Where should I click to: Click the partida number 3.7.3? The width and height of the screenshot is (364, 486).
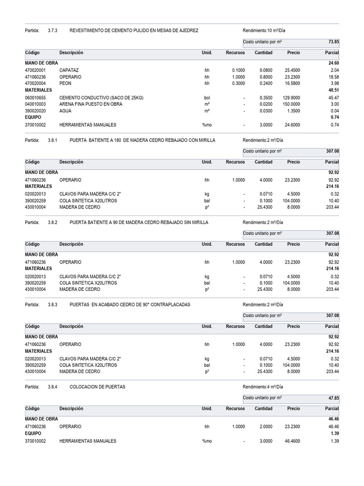point(52,30)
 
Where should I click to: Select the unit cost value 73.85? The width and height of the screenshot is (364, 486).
point(333,42)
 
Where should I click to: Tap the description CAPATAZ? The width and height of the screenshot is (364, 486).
point(69,70)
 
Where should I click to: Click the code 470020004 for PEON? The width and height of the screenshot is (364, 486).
point(35,84)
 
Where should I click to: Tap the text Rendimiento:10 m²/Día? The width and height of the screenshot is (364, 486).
point(264,30)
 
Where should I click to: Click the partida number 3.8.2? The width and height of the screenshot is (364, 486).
point(52,222)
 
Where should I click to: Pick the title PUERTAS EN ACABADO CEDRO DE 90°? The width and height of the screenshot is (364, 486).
point(129,304)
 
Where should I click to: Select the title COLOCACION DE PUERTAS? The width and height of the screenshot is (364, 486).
point(97,387)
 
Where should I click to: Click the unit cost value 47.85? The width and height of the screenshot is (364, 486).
point(333,398)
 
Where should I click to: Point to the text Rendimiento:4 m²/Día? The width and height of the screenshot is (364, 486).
point(263,387)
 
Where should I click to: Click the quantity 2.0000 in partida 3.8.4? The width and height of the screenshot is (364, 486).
point(264,427)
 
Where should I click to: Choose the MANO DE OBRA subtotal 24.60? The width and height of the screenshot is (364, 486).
point(333,63)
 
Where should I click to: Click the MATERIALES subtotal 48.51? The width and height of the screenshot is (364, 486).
point(333,90)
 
